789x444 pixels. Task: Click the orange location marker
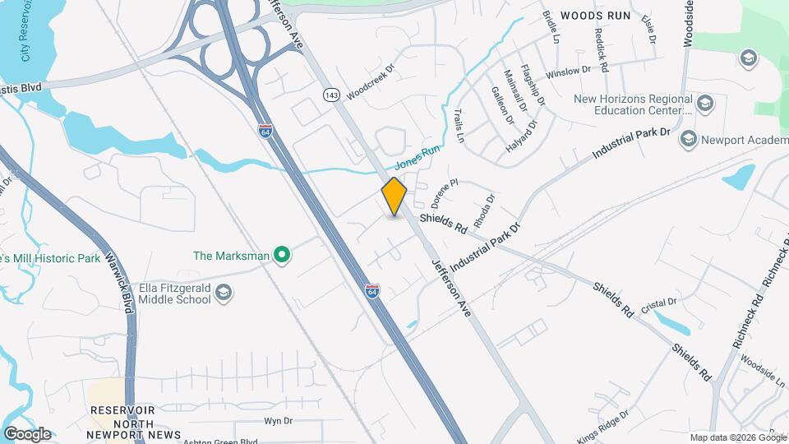tap(394, 196)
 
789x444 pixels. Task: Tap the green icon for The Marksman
tap(283, 256)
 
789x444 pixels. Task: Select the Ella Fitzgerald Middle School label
tap(175, 293)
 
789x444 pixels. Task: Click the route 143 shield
tap(331, 95)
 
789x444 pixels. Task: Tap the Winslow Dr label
tap(568, 72)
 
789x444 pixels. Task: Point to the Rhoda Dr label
tap(485, 210)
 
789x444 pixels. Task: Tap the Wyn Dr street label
tap(278, 421)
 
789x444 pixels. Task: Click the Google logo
tap(27, 433)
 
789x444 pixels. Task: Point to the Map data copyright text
tap(736, 437)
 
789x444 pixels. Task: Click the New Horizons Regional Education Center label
tap(632, 104)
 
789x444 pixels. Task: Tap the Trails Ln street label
tap(459, 127)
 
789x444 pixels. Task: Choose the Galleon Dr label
tap(501, 105)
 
